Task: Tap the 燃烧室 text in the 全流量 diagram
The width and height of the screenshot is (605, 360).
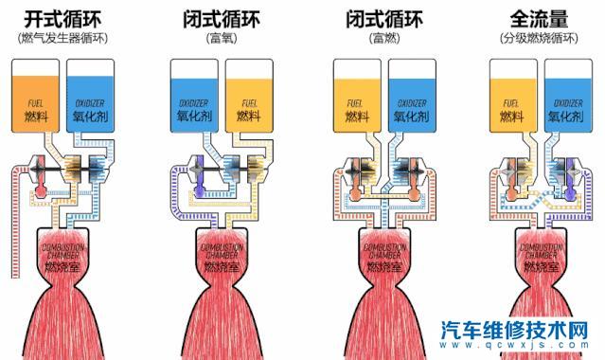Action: (x=542, y=267)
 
